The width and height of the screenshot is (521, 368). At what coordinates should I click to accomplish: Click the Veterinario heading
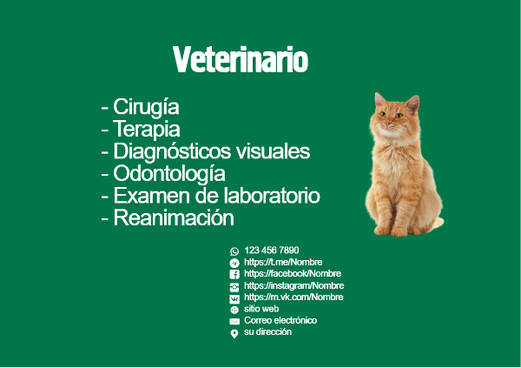pos(241,59)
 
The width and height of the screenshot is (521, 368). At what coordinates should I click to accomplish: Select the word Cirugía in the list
pos(146,108)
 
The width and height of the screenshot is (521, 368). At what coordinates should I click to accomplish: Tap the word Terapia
pos(147,130)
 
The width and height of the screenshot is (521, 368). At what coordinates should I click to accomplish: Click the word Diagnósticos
pos(172,151)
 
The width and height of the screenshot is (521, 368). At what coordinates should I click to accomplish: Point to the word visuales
pos(274,151)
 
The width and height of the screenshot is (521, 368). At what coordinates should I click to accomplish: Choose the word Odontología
pos(169,173)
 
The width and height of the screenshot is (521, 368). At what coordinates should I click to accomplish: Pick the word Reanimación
pos(174,217)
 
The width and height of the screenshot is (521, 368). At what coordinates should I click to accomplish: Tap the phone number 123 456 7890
pos(272,250)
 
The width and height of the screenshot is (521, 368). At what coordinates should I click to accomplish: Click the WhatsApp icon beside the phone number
pos(234,251)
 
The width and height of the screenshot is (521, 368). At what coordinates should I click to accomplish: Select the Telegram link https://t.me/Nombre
pos(283,262)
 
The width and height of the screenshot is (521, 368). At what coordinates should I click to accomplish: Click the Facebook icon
pos(234,274)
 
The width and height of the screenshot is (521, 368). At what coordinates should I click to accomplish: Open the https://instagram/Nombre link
pos(294,285)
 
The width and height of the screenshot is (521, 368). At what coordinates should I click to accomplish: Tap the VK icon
pos(234,298)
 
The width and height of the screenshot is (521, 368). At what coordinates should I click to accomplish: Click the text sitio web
pos(261,309)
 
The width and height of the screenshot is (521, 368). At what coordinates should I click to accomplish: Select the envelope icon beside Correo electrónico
pos(234,321)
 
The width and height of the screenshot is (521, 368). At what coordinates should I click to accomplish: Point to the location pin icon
pos(234,334)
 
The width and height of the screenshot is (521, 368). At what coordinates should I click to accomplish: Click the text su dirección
pos(267,332)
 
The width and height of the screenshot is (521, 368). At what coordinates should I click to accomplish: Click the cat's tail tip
pos(442,221)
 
